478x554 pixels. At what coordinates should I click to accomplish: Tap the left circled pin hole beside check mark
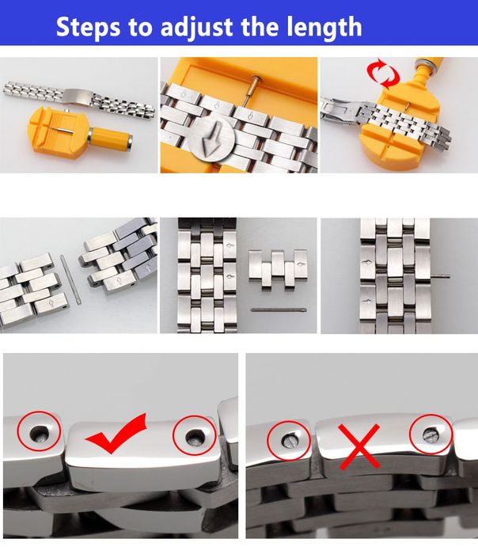tap(39, 431)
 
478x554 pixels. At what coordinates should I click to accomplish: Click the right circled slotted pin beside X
tap(431, 433)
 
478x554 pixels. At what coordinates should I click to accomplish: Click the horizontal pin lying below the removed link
tap(278, 309)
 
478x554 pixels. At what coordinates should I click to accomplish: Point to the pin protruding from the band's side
tap(444, 276)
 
